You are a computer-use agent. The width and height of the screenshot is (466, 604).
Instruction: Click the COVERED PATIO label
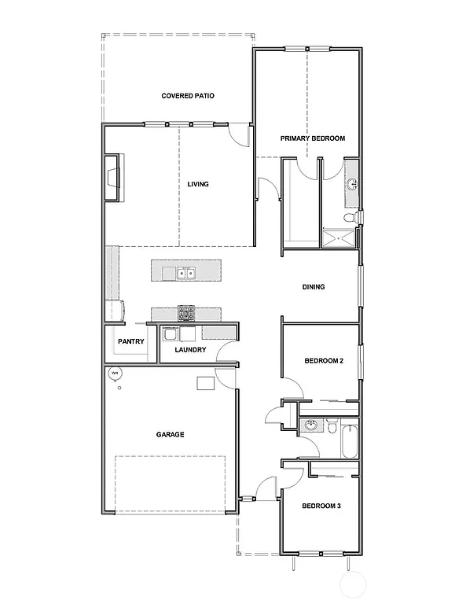(x=188, y=96)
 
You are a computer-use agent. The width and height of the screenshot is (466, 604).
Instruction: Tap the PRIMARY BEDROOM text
(x=313, y=138)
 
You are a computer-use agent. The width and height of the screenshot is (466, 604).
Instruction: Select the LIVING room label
(x=198, y=185)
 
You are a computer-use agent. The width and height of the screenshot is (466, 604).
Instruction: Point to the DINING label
(x=314, y=287)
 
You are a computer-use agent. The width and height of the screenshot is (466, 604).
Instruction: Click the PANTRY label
(x=130, y=342)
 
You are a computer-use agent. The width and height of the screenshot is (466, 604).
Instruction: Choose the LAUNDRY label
(x=190, y=350)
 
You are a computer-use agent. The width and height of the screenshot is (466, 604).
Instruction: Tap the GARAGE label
(x=170, y=434)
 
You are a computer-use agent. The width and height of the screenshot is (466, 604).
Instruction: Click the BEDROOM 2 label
(x=324, y=362)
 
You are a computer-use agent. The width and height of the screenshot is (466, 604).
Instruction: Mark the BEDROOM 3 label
(x=321, y=506)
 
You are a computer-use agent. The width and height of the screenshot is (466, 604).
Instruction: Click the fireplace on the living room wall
(x=113, y=178)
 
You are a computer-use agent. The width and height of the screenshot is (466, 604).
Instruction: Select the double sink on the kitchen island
(x=186, y=274)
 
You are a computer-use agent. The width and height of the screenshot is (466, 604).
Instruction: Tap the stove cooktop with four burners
(x=186, y=314)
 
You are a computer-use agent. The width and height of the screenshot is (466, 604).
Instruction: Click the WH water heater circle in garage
(x=115, y=374)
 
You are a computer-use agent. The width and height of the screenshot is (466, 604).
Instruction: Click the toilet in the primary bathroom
(x=353, y=217)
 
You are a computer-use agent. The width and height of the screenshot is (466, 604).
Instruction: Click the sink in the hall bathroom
(x=311, y=427)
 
